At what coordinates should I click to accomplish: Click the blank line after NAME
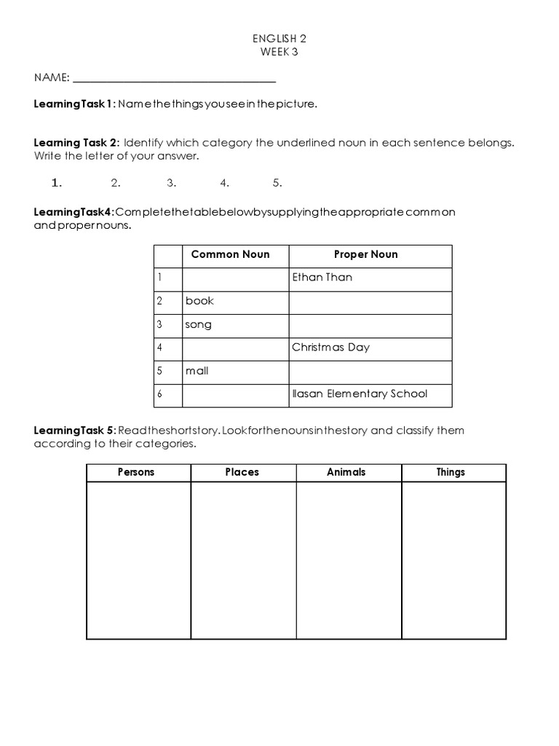175,78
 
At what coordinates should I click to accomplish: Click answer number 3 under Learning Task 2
172,183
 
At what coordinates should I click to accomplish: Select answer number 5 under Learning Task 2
277,183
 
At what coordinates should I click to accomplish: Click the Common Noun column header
230,254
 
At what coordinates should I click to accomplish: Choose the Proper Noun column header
365,254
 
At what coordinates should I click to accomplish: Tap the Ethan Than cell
322,278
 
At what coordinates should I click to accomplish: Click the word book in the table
199,301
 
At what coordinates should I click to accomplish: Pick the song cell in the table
198,324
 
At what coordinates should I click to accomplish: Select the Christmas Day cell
330,348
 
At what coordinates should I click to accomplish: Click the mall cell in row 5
197,371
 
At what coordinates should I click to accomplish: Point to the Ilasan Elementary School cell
360,394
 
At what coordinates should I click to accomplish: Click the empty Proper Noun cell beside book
370,301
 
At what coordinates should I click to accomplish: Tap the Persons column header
136,472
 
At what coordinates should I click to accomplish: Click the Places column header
242,472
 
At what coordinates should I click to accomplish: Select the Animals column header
346,472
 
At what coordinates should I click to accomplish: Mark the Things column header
451,472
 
